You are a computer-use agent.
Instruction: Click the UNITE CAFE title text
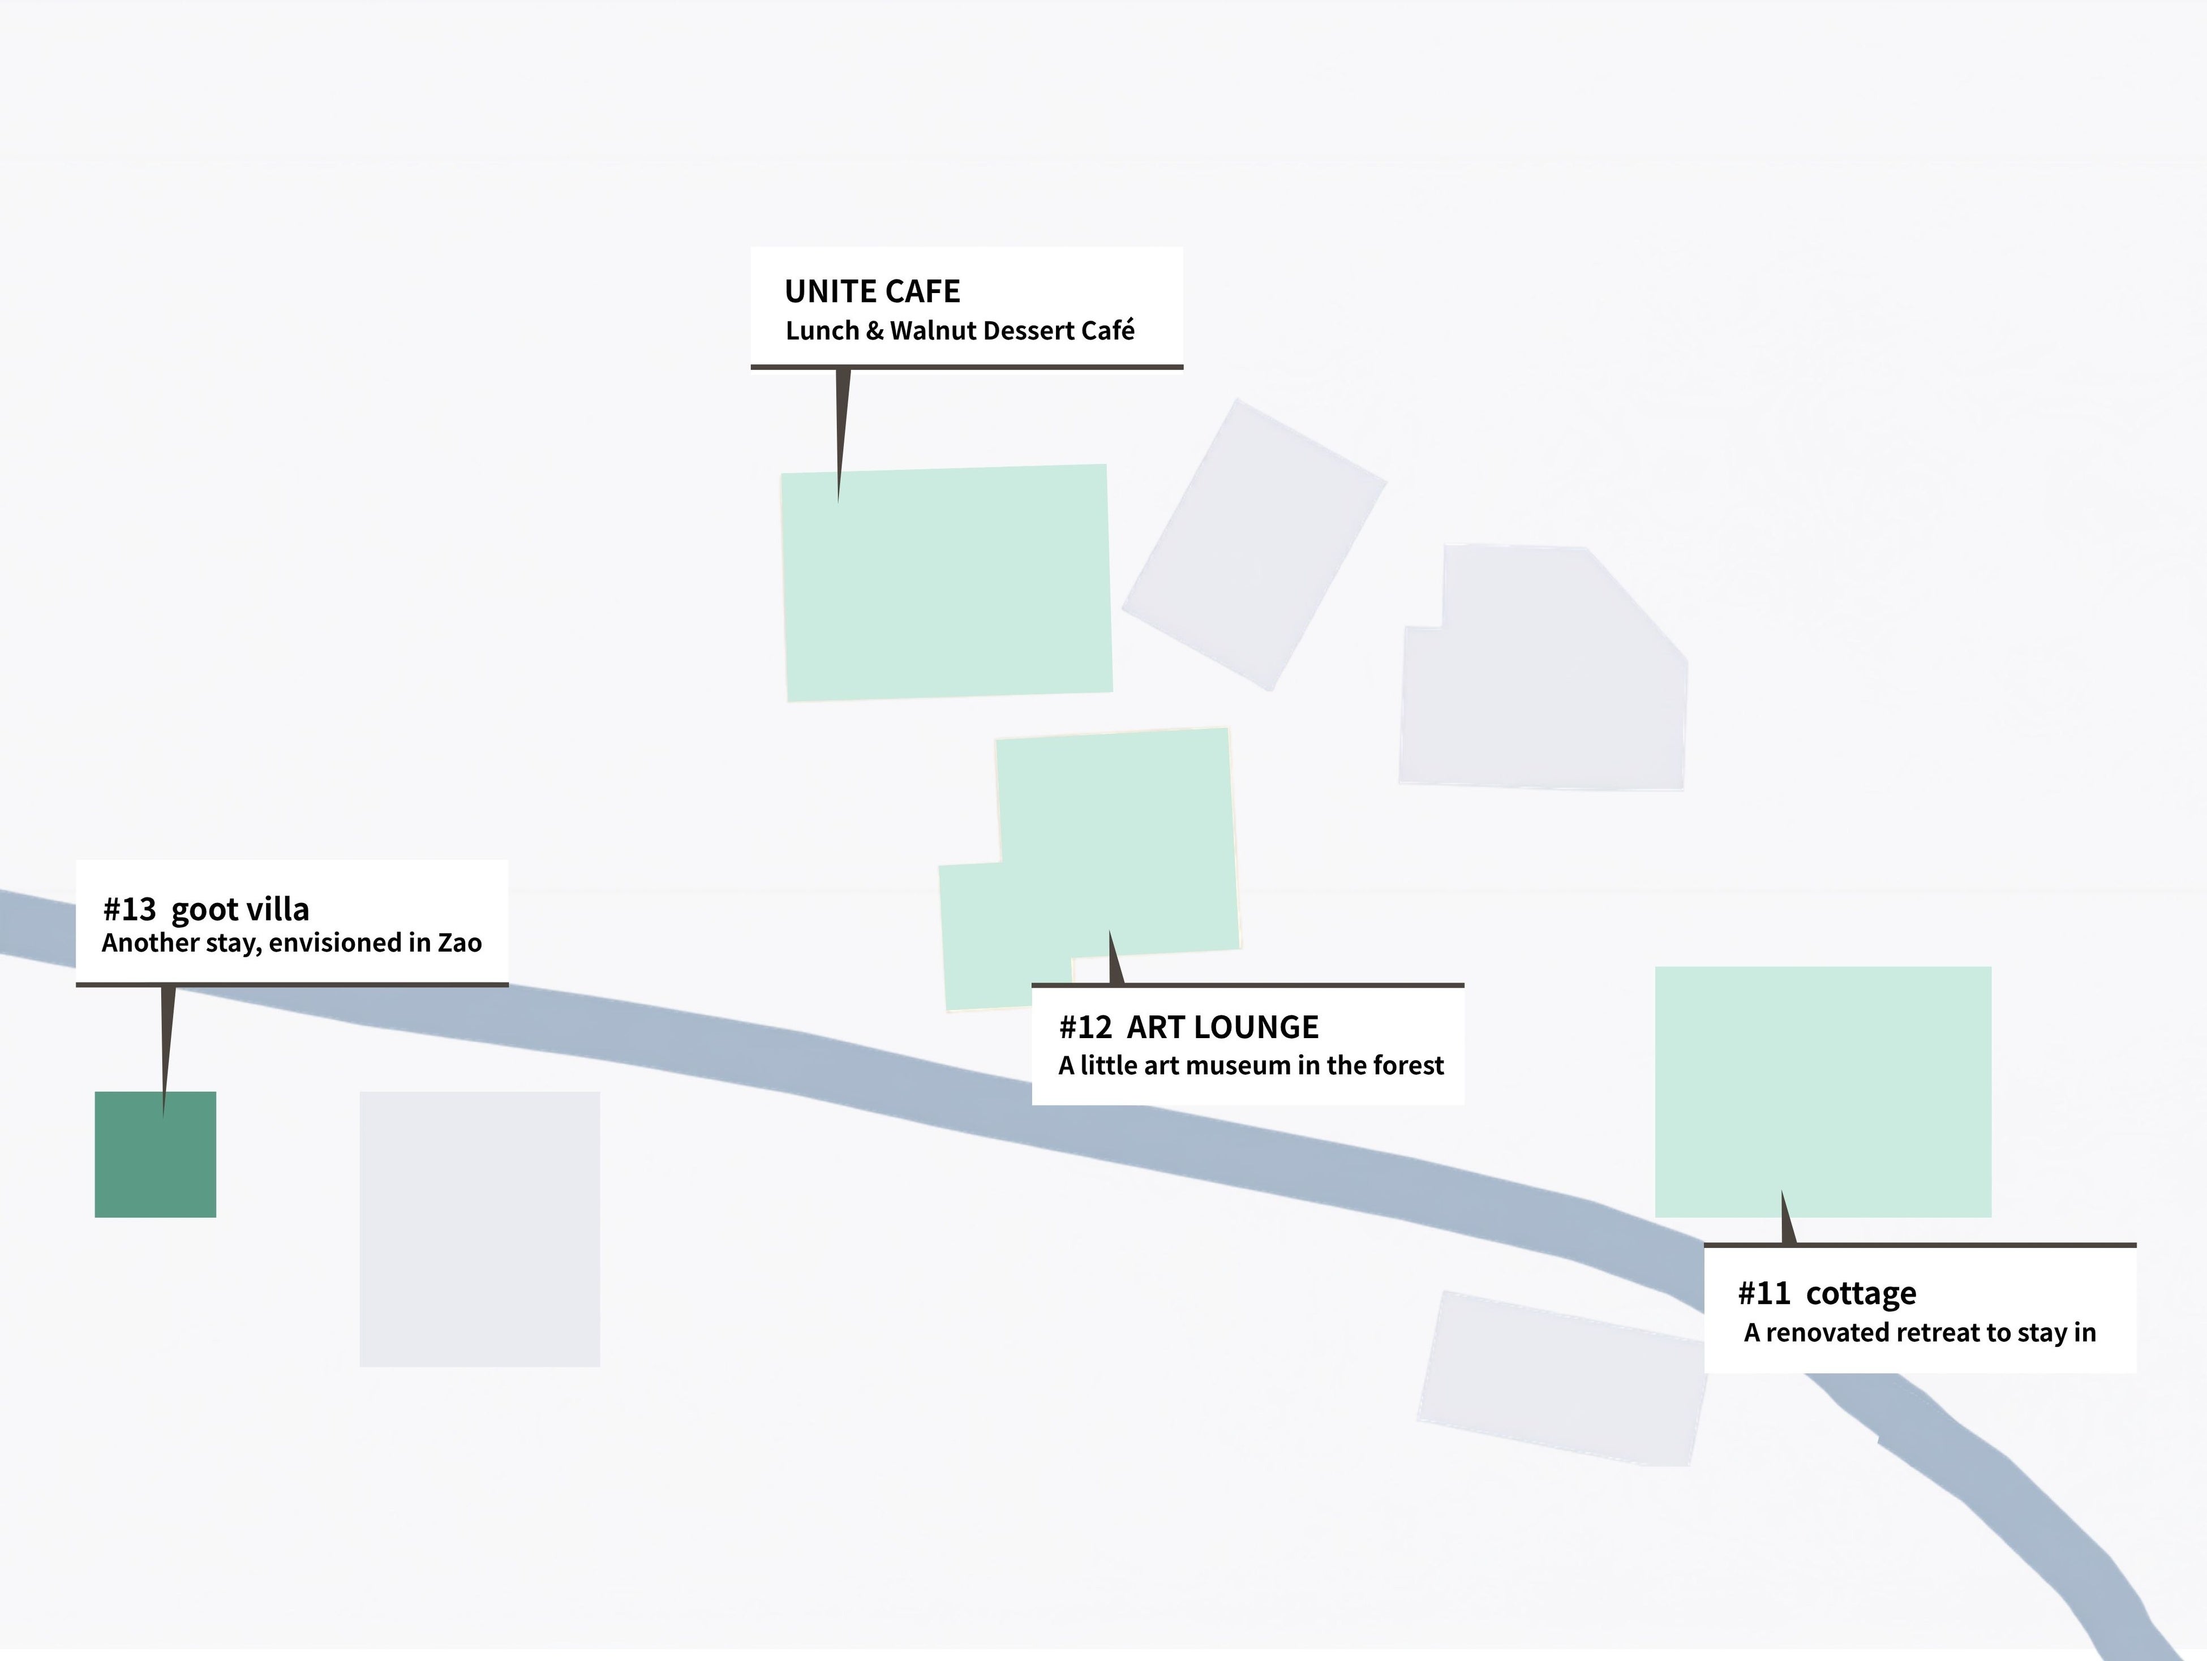click(x=872, y=291)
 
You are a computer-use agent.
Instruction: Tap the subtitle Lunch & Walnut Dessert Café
click(x=960, y=330)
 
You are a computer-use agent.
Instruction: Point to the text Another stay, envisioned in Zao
click(x=291, y=943)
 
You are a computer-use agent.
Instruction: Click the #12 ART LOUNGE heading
click(x=1188, y=1027)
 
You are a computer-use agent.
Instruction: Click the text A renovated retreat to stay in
click(x=1920, y=1333)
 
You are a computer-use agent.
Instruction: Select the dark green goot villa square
click(x=156, y=1154)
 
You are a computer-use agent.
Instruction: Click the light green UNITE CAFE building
click(x=946, y=583)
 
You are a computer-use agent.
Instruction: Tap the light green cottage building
click(x=1823, y=1091)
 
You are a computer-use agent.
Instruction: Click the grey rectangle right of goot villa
click(x=480, y=1229)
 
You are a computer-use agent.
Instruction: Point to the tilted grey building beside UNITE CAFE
click(x=1254, y=545)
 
